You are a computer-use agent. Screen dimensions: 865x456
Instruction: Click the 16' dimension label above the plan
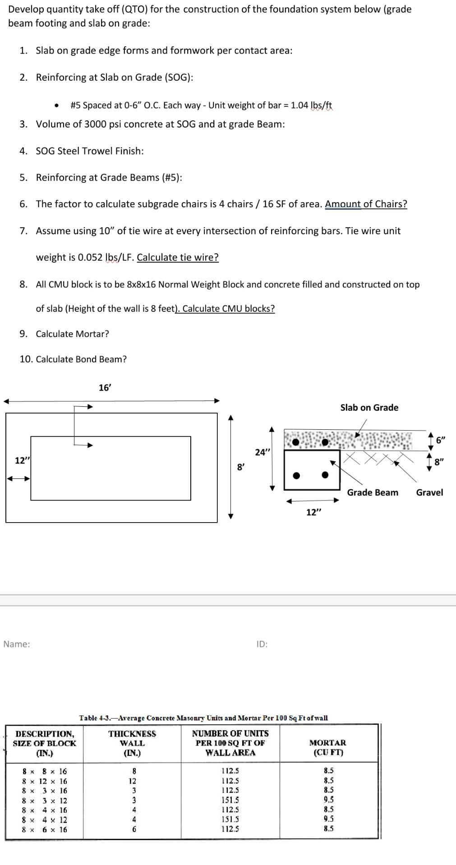105,388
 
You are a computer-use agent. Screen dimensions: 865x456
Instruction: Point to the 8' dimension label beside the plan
241,467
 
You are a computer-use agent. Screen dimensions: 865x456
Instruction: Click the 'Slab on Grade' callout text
369,408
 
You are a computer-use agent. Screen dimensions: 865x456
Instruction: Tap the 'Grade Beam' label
373,492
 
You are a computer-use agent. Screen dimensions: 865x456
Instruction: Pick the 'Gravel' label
429,492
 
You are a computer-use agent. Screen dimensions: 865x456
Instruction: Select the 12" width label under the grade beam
314,512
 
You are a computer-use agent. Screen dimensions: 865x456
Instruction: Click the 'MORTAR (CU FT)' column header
328,747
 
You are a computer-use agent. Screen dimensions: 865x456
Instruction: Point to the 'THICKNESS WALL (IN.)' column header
132,743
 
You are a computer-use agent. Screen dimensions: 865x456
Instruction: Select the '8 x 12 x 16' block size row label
45,781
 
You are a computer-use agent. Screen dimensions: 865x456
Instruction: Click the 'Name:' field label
17,644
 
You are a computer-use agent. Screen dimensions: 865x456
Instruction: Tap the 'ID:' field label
262,644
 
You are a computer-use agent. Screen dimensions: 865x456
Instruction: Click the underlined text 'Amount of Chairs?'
366,204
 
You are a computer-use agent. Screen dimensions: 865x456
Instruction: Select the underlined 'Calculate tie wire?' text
178,257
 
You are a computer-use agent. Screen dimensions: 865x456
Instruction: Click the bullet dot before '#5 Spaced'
57,106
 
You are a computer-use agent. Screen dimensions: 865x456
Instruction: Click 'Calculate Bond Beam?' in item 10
81,359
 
